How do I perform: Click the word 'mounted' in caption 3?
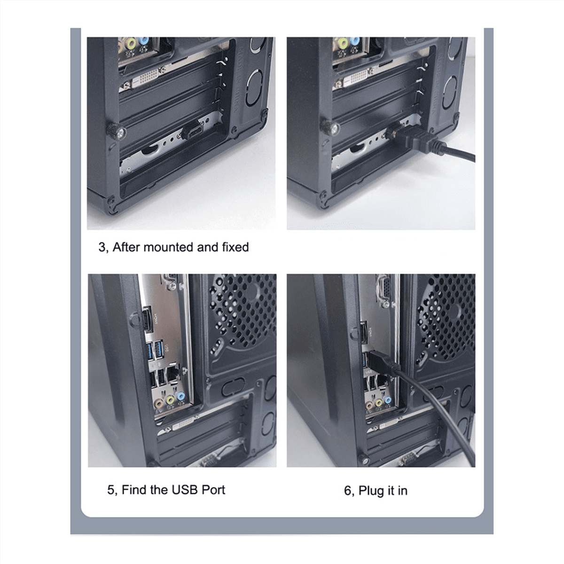(x=168, y=247)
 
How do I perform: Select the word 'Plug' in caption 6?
(x=371, y=491)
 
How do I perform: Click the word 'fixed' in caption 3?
(x=235, y=247)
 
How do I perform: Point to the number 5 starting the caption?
(x=110, y=490)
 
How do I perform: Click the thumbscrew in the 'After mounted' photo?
(x=116, y=132)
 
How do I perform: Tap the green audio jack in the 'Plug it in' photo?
(x=378, y=403)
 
